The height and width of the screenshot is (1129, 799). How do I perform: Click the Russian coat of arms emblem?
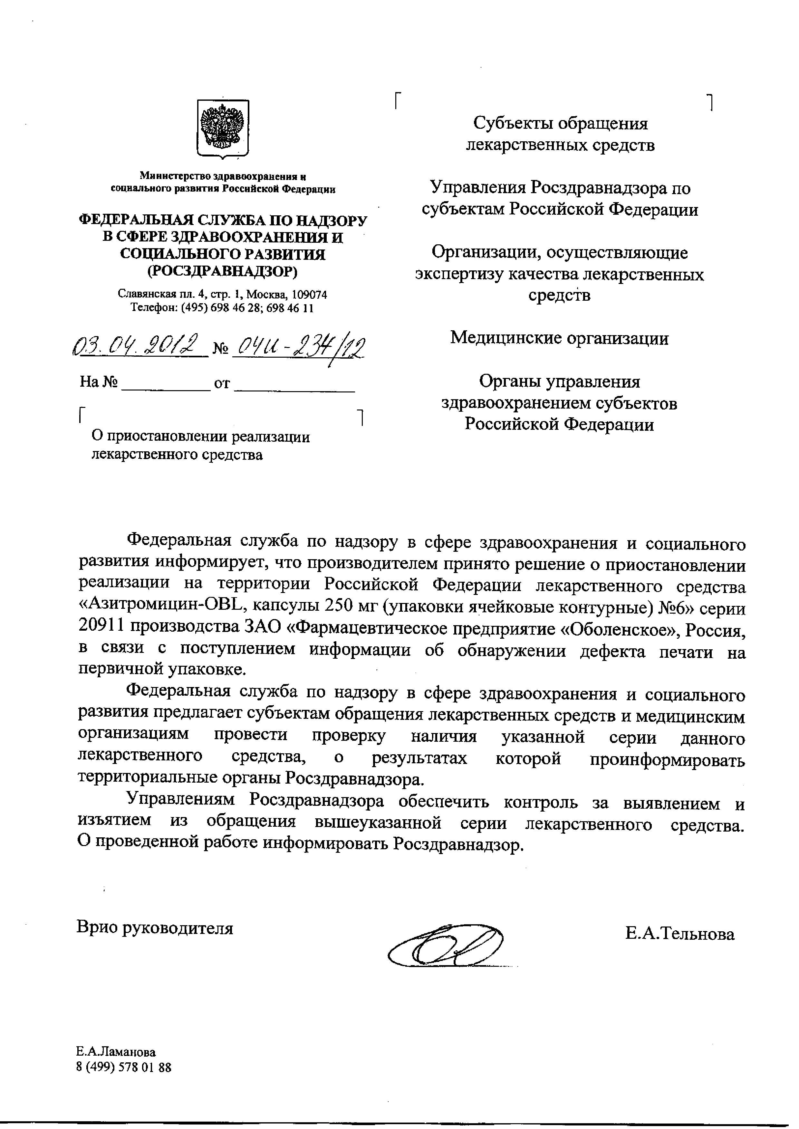pos(223,128)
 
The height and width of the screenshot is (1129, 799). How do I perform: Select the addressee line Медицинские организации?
pos(559,338)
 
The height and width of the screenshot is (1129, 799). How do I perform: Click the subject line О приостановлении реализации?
pos(201,437)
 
